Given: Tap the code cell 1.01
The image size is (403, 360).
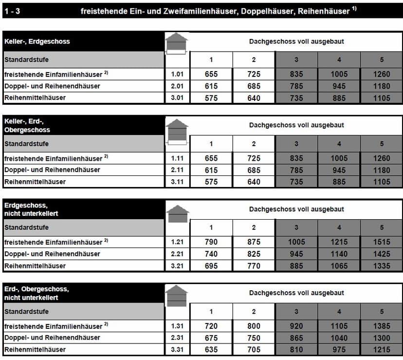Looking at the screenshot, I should pyautogui.click(x=177, y=74).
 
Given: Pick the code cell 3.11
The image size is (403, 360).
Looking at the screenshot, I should pyautogui.click(x=177, y=182).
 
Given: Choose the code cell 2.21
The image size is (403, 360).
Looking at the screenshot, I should pyautogui.click(x=177, y=254).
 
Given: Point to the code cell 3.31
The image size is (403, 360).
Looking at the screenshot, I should pyautogui.click(x=177, y=350).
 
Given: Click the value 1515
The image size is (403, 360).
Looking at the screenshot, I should pyautogui.click(x=382, y=242).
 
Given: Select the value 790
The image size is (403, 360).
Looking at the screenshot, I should pyautogui.click(x=211, y=242).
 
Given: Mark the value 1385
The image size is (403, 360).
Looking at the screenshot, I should pyautogui.click(x=382, y=326).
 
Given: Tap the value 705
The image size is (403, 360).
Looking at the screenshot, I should pyautogui.click(x=254, y=350).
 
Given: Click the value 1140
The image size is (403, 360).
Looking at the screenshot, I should pyautogui.click(x=339, y=254).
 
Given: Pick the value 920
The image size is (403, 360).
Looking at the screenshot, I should pyautogui.click(x=296, y=326).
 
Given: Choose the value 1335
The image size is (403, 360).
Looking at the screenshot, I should pyautogui.click(x=382, y=266).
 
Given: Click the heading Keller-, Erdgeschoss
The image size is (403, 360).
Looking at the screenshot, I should pyautogui.click(x=37, y=41).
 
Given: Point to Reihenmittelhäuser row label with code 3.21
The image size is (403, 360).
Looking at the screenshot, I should pyautogui.click(x=35, y=266).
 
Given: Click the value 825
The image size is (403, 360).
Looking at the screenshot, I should pyautogui.click(x=254, y=254).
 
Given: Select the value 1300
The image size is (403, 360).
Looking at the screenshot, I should pyautogui.click(x=382, y=338).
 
